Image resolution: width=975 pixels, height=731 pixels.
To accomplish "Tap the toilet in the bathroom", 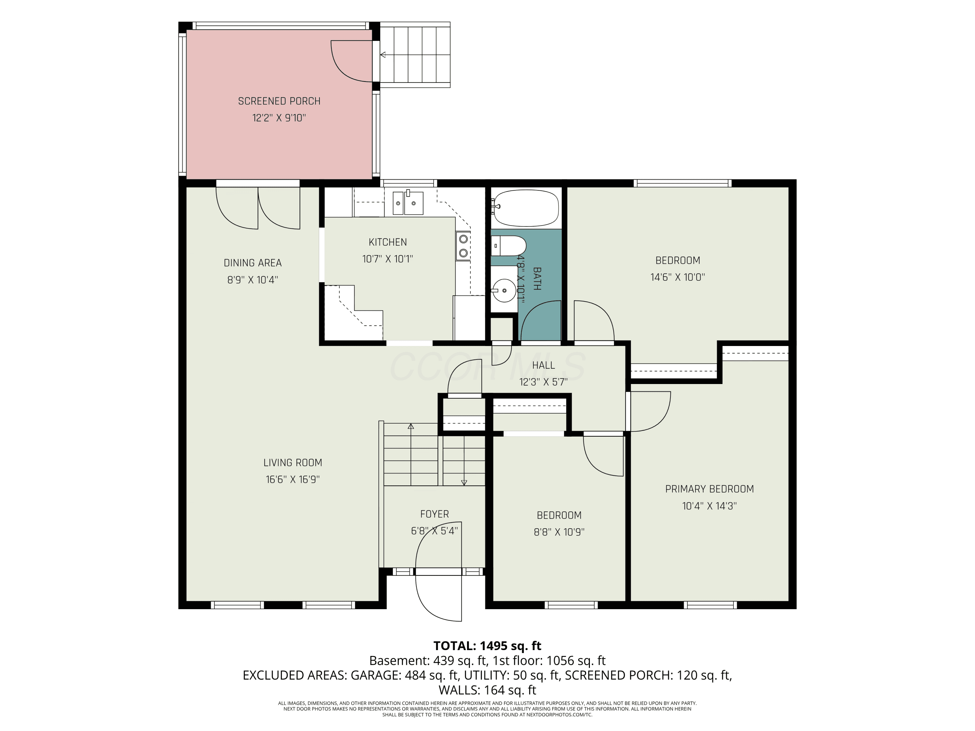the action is [509, 245].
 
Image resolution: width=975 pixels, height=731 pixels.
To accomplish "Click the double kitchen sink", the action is [408, 203].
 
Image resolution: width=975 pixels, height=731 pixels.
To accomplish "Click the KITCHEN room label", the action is [387, 242].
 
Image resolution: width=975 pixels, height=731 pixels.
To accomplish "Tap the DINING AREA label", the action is [253, 263].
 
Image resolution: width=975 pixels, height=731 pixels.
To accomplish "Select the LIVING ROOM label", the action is [293, 463].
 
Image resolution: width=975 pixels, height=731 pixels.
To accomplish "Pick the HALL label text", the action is [543, 365].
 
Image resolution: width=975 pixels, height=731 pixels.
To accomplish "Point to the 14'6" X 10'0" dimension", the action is [678, 277].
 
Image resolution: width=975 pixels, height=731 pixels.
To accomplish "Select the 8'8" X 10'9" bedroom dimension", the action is [559, 532].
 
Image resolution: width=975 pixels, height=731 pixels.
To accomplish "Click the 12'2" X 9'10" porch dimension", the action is [279, 118].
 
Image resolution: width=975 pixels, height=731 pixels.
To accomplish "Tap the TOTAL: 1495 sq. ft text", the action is [487, 646].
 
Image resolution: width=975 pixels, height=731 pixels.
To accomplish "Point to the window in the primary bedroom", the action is [710, 605].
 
